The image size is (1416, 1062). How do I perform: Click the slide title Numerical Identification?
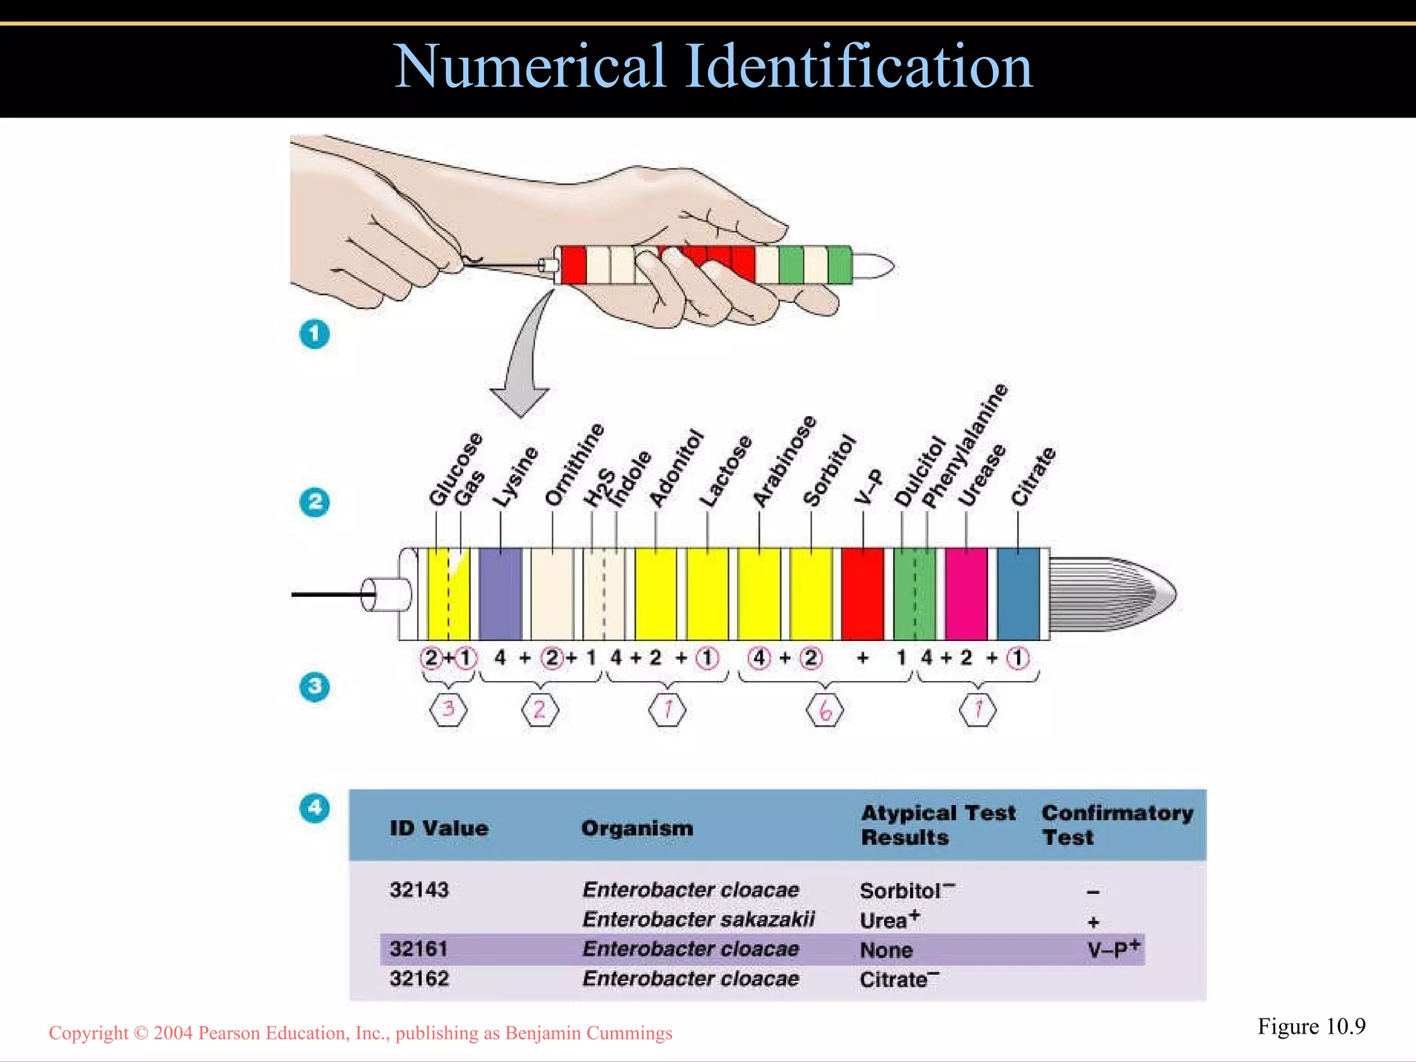pyautogui.click(x=712, y=66)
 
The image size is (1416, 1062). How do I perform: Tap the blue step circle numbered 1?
pyautogui.click(x=315, y=334)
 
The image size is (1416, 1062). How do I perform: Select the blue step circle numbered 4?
pyautogui.click(x=315, y=808)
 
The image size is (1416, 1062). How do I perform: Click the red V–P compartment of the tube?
pyautogui.click(x=862, y=593)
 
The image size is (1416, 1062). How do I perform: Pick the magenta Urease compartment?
pyautogui.click(x=966, y=593)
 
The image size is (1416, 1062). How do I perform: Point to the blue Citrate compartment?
pyautogui.click(x=1018, y=593)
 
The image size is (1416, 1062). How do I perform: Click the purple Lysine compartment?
pyautogui.click(x=500, y=593)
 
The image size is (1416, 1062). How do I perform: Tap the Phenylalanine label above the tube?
pyautogui.click(x=965, y=446)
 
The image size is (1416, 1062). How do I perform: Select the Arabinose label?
pyautogui.click(x=784, y=461)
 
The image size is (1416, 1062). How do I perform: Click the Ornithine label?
pyautogui.click(x=575, y=464)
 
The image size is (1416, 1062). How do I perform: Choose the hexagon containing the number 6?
pyautogui.click(x=825, y=710)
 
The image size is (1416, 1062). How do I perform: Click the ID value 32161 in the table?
pyautogui.click(x=418, y=949)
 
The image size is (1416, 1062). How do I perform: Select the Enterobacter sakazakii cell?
pyautogui.click(x=698, y=920)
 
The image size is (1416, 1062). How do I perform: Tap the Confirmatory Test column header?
pyautogui.click(x=1117, y=825)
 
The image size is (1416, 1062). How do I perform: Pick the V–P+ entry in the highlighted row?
pyautogui.click(x=1112, y=949)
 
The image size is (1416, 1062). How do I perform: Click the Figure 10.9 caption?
pyautogui.click(x=1311, y=1027)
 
